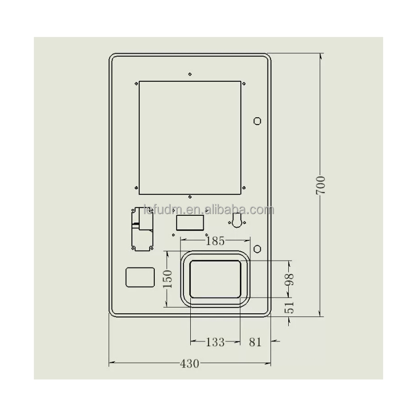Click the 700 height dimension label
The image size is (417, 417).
click(x=321, y=186)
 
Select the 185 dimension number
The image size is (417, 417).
click(x=215, y=241)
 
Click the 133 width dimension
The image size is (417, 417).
click(x=215, y=342)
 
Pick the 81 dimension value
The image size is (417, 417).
click(x=255, y=342)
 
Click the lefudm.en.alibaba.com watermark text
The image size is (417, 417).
click(x=208, y=210)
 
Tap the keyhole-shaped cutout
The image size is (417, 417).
click(x=238, y=220)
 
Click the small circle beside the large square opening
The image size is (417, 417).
click(x=257, y=121)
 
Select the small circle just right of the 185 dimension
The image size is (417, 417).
click(x=257, y=247)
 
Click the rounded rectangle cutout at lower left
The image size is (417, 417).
click(x=140, y=277)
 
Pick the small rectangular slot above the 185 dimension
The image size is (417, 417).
click(x=190, y=223)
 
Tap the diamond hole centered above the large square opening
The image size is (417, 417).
click(x=190, y=74)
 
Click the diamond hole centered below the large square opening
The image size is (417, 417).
click(x=190, y=197)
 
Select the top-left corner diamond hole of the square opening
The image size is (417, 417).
click(x=136, y=82)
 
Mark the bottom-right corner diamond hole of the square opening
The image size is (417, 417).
click(x=244, y=188)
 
